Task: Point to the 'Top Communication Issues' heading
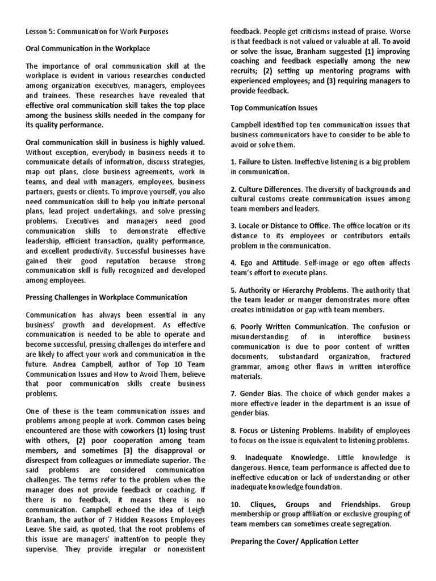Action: click(274, 107)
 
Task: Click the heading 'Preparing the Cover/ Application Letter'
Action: click(294, 541)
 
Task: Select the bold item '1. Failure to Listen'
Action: click(262, 162)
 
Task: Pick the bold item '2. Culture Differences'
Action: click(266, 189)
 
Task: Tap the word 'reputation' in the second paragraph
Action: click(123, 260)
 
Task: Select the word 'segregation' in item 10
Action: click(370, 523)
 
